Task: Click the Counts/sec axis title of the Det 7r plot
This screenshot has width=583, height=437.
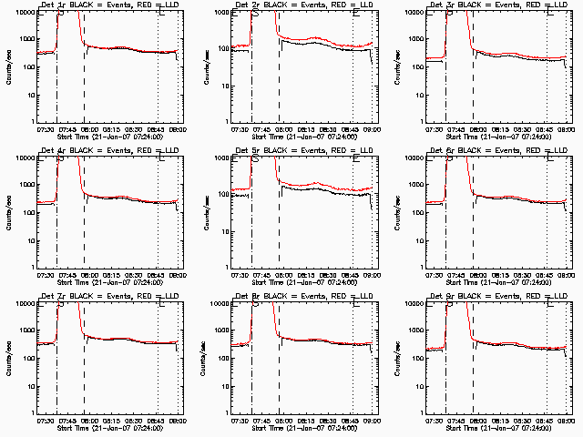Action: click(x=9, y=359)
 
